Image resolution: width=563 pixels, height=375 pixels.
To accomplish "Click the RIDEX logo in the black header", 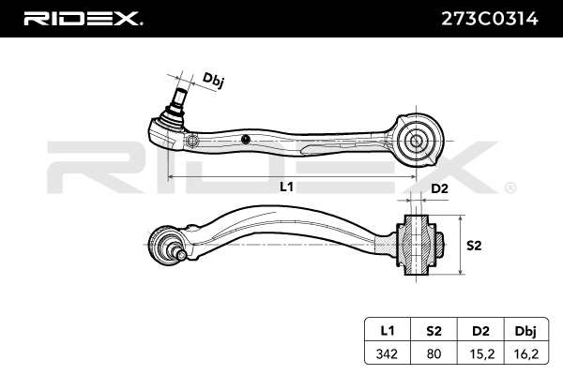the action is (x=83, y=19).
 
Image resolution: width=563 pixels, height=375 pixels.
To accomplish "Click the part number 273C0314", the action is (x=490, y=19).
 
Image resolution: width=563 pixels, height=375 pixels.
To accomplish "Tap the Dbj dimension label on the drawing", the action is (x=214, y=80).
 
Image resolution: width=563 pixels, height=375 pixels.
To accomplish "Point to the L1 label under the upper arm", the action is (x=286, y=187).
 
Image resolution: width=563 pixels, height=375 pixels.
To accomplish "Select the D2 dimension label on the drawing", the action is (x=439, y=188).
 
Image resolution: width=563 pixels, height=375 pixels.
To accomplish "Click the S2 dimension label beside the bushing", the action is (x=474, y=246).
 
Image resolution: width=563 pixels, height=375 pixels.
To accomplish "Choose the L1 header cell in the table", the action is (x=387, y=330).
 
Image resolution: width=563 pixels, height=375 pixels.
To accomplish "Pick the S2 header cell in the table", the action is (x=434, y=330).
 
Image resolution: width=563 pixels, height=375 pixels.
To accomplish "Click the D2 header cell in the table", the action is (x=480, y=330).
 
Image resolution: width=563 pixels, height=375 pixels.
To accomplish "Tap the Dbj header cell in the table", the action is (x=526, y=330).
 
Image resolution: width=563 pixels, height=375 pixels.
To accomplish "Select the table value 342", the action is (x=387, y=353).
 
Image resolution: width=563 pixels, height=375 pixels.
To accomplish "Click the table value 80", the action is (x=434, y=353).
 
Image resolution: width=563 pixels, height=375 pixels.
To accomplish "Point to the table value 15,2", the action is (x=481, y=354).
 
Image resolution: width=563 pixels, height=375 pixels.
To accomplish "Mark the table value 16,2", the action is (x=526, y=354).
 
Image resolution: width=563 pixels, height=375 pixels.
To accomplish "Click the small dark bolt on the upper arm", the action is (x=246, y=140).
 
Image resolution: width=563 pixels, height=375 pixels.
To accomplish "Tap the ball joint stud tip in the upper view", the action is (x=180, y=91).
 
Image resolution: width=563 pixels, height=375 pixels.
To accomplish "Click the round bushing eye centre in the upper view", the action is (x=416, y=141).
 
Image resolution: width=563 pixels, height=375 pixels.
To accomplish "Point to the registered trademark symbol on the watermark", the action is (x=510, y=187).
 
